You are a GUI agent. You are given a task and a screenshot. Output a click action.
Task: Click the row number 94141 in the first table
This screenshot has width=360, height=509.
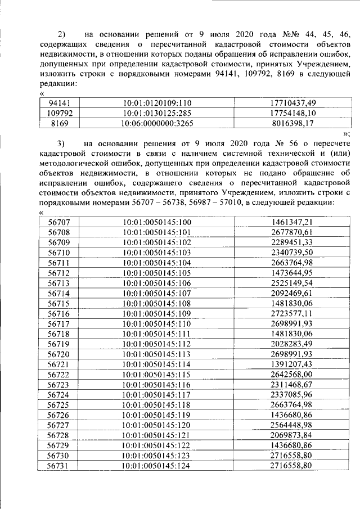(59, 102)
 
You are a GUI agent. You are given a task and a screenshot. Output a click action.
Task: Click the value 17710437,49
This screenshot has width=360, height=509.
(292, 102)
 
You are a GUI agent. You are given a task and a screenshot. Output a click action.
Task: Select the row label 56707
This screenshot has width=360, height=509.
(59, 222)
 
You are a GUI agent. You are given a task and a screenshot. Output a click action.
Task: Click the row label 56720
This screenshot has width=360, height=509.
(59, 354)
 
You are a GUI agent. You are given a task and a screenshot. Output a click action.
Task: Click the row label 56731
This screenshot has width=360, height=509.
(59, 465)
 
